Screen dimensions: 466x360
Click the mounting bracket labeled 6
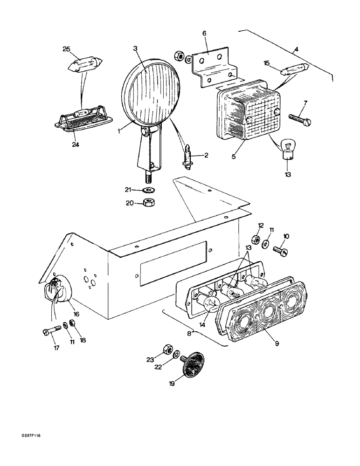[x=215, y=66]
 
